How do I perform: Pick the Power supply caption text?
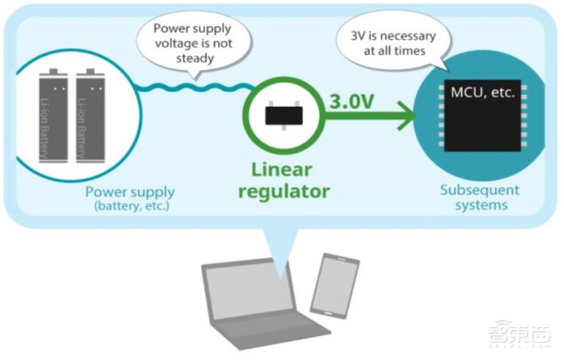pos(130,191)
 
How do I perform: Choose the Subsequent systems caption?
pos(479,197)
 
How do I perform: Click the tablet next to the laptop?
pos(334,282)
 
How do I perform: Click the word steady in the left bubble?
pos(195,58)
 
